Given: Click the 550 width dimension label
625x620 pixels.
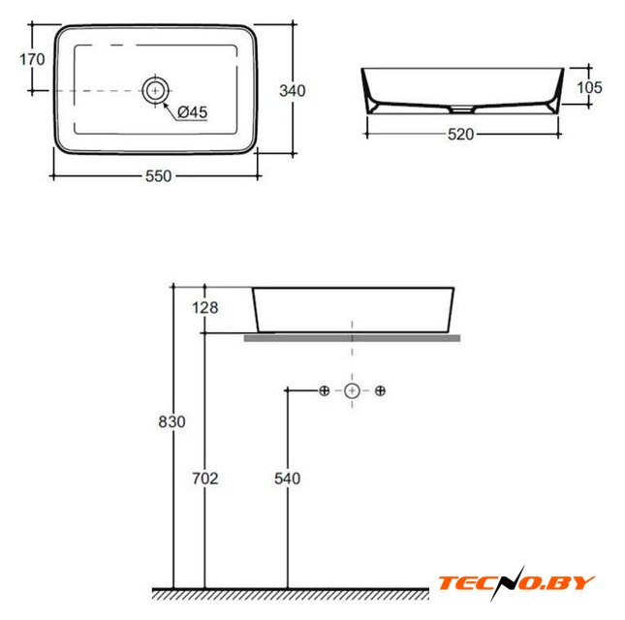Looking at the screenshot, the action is click(158, 175).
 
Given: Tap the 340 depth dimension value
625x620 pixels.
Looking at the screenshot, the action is click(293, 91).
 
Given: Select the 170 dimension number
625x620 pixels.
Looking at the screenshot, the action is click(32, 60).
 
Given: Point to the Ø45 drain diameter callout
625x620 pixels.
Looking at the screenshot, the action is click(193, 112).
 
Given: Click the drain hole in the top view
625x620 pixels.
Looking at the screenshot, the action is click(155, 91).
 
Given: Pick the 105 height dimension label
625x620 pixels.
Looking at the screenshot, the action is click(589, 87).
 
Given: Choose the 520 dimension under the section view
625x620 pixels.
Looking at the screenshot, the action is click(461, 135).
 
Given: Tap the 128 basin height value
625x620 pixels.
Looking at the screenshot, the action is click(204, 308).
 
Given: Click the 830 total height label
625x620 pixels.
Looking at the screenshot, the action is click(172, 421).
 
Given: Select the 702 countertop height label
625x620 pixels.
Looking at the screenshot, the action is click(204, 479).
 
